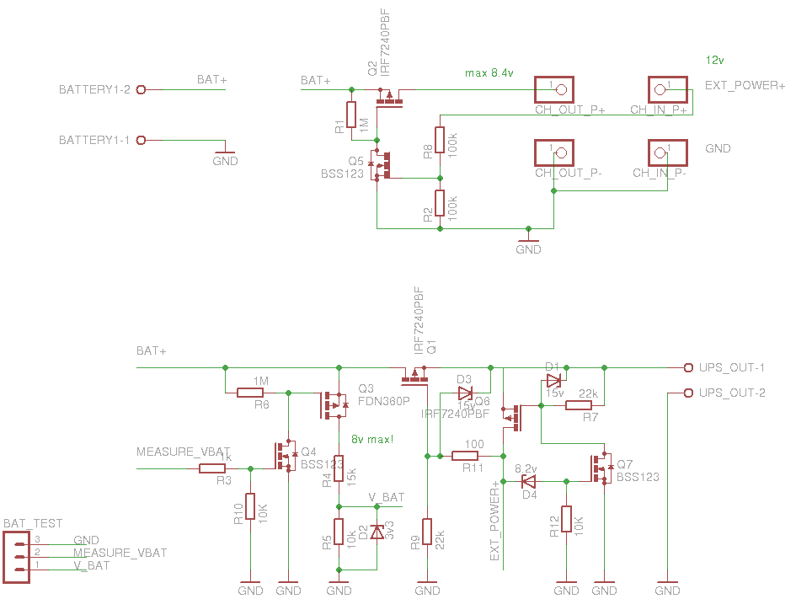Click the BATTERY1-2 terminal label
[x=94, y=90]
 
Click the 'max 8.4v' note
[x=489, y=73]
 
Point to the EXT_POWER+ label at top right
[x=745, y=86]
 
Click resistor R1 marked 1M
[x=352, y=115]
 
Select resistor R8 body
[x=440, y=140]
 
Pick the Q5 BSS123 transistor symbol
[x=383, y=165]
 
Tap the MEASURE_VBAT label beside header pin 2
[x=120, y=554]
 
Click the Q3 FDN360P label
[x=383, y=394]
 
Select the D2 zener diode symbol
[x=377, y=532]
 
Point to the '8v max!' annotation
[x=373, y=439]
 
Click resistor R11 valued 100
[x=466, y=456]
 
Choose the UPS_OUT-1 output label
[x=732, y=368]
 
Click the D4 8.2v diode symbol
[x=528, y=482]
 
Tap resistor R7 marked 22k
[x=579, y=405]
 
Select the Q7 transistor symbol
[x=601, y=469]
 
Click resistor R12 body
[x=566, y=520]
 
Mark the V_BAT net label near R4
[x=387, y=498]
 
